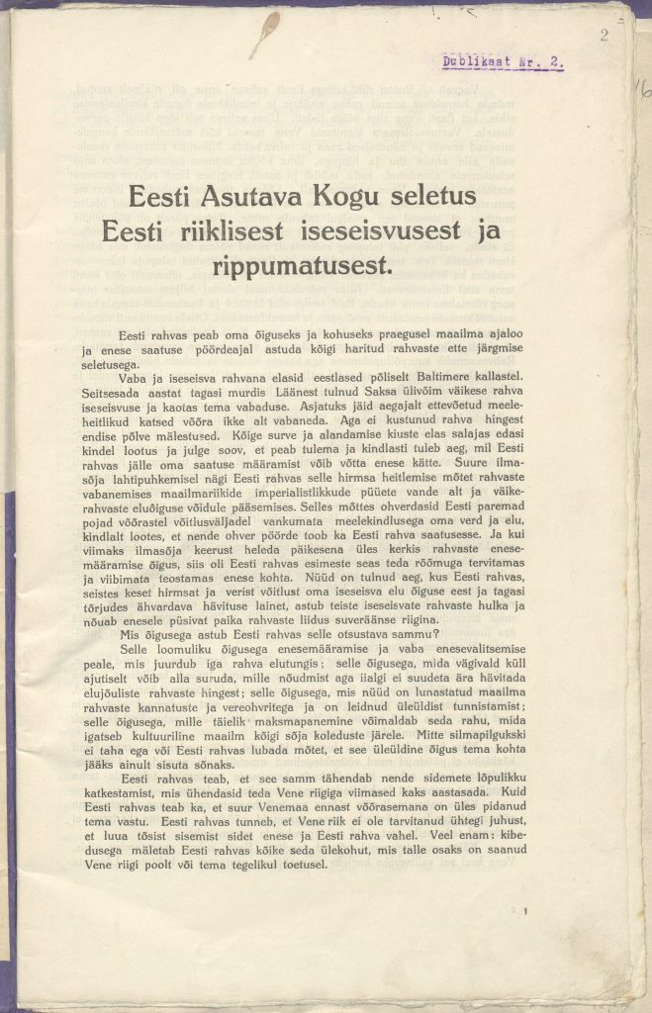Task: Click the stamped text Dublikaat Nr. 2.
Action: point(503,61)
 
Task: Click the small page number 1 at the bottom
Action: point(529,911)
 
